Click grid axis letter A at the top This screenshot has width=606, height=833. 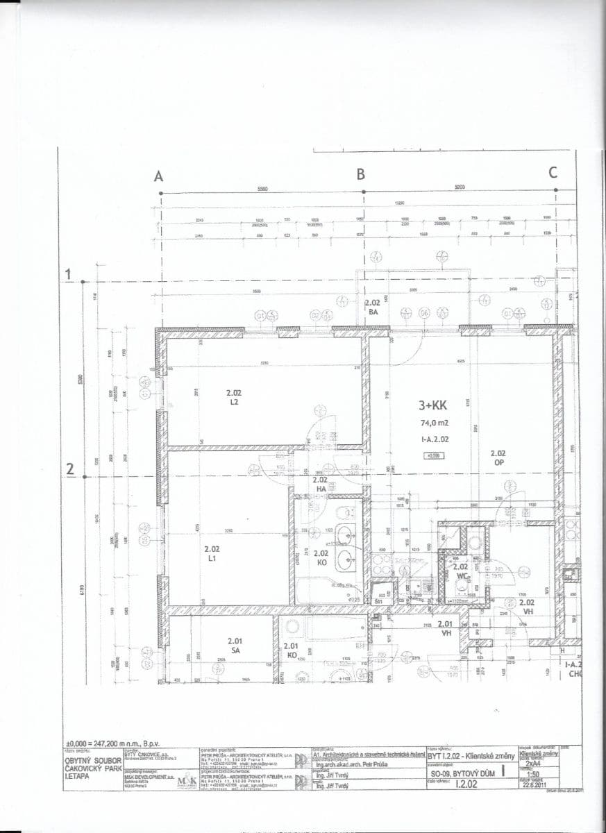coord(159,176)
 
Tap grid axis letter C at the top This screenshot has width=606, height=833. coord(553,173)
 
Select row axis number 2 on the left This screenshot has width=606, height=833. coord(69,470)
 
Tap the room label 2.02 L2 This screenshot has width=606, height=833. coord(234,397)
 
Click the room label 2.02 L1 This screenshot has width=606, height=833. coord(212,553)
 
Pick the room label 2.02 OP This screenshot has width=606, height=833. coord(498,457)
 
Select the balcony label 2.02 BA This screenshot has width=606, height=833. coord(373,308)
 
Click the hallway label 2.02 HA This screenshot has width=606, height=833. coord(320,483)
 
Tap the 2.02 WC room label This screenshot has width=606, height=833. coord(460,571)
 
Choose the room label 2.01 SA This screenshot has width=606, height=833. coord(235,646)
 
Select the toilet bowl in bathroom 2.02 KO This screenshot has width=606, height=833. coord(342,513)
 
